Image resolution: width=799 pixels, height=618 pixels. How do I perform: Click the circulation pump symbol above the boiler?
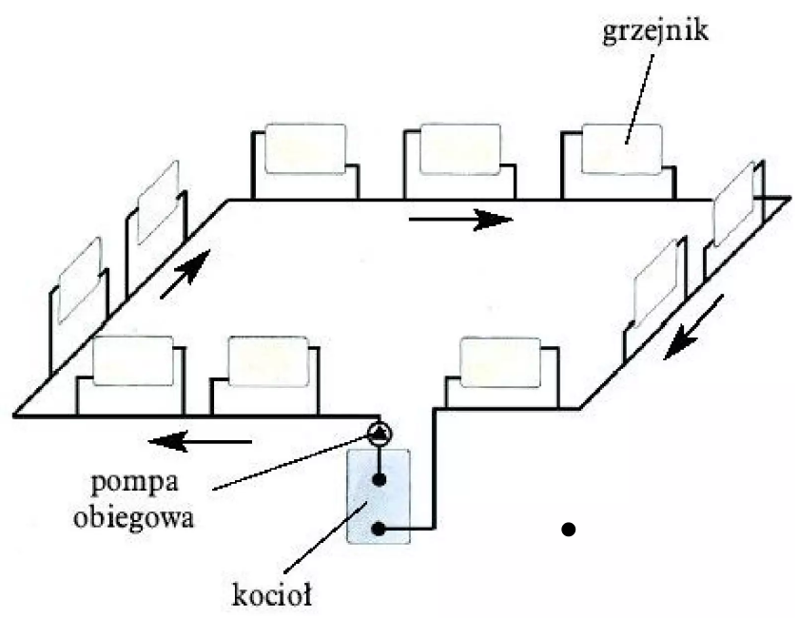pos(379,435)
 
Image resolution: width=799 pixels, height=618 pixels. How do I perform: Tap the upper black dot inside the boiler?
pos(379,480)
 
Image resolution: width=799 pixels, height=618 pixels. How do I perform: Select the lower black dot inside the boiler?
pos(379,529)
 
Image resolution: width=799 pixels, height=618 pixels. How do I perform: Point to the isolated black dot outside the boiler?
pos(569,529)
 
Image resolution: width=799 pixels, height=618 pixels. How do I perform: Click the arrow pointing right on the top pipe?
pos(460,221)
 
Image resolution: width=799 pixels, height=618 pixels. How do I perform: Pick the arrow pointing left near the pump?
pos(200,440)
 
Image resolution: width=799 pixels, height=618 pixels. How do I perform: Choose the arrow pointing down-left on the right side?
pos(693,328)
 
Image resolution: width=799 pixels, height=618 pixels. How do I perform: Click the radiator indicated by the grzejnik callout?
pos(621,148)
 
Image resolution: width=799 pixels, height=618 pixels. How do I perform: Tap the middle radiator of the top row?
pos(459,148)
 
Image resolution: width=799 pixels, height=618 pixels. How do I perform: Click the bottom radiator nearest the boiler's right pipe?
pos(500,362)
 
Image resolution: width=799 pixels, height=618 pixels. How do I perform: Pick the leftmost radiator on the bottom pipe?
pos(132,361)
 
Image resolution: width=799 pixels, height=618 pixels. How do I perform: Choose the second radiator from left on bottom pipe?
pos(269,361)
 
